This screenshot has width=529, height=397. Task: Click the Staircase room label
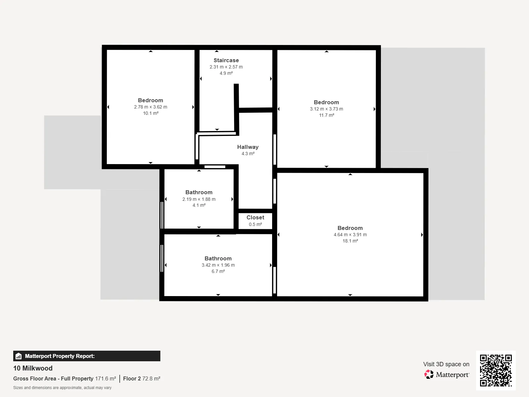[x=226, y=60]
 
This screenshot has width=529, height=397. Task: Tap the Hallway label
[x=248, y=147]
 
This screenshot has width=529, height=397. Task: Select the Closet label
[x=255, y=217]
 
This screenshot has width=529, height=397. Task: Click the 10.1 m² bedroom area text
[x=151, y=113]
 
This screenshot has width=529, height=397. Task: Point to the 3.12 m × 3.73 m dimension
[x=326, y=109]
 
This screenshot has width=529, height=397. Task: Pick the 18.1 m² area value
[x=350, y=241]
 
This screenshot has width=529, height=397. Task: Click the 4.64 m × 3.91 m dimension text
[x=350, y=235]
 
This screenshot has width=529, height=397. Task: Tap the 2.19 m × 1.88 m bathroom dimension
[x=199, y=199]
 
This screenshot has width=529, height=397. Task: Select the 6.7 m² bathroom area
[x=218, y=271]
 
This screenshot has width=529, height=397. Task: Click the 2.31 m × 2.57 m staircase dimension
[x=226, y=67]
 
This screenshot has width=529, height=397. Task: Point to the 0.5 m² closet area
[x=255, y=224]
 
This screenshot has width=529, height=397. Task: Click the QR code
[x=496, y=370]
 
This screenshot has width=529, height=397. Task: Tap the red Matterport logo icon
[x=429, y=375]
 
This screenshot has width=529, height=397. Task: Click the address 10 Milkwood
[x=33, y=368]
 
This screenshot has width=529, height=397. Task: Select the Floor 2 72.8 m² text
[x=142, y=378]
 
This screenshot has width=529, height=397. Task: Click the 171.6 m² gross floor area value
[x=105, y=378]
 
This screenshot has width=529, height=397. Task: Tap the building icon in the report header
[x=19, y=356]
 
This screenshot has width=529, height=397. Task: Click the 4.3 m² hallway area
[x=248, y=154]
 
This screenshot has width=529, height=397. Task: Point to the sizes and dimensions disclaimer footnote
[x=62, y=388]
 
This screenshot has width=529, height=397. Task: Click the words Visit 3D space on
[x=446, y=364]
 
